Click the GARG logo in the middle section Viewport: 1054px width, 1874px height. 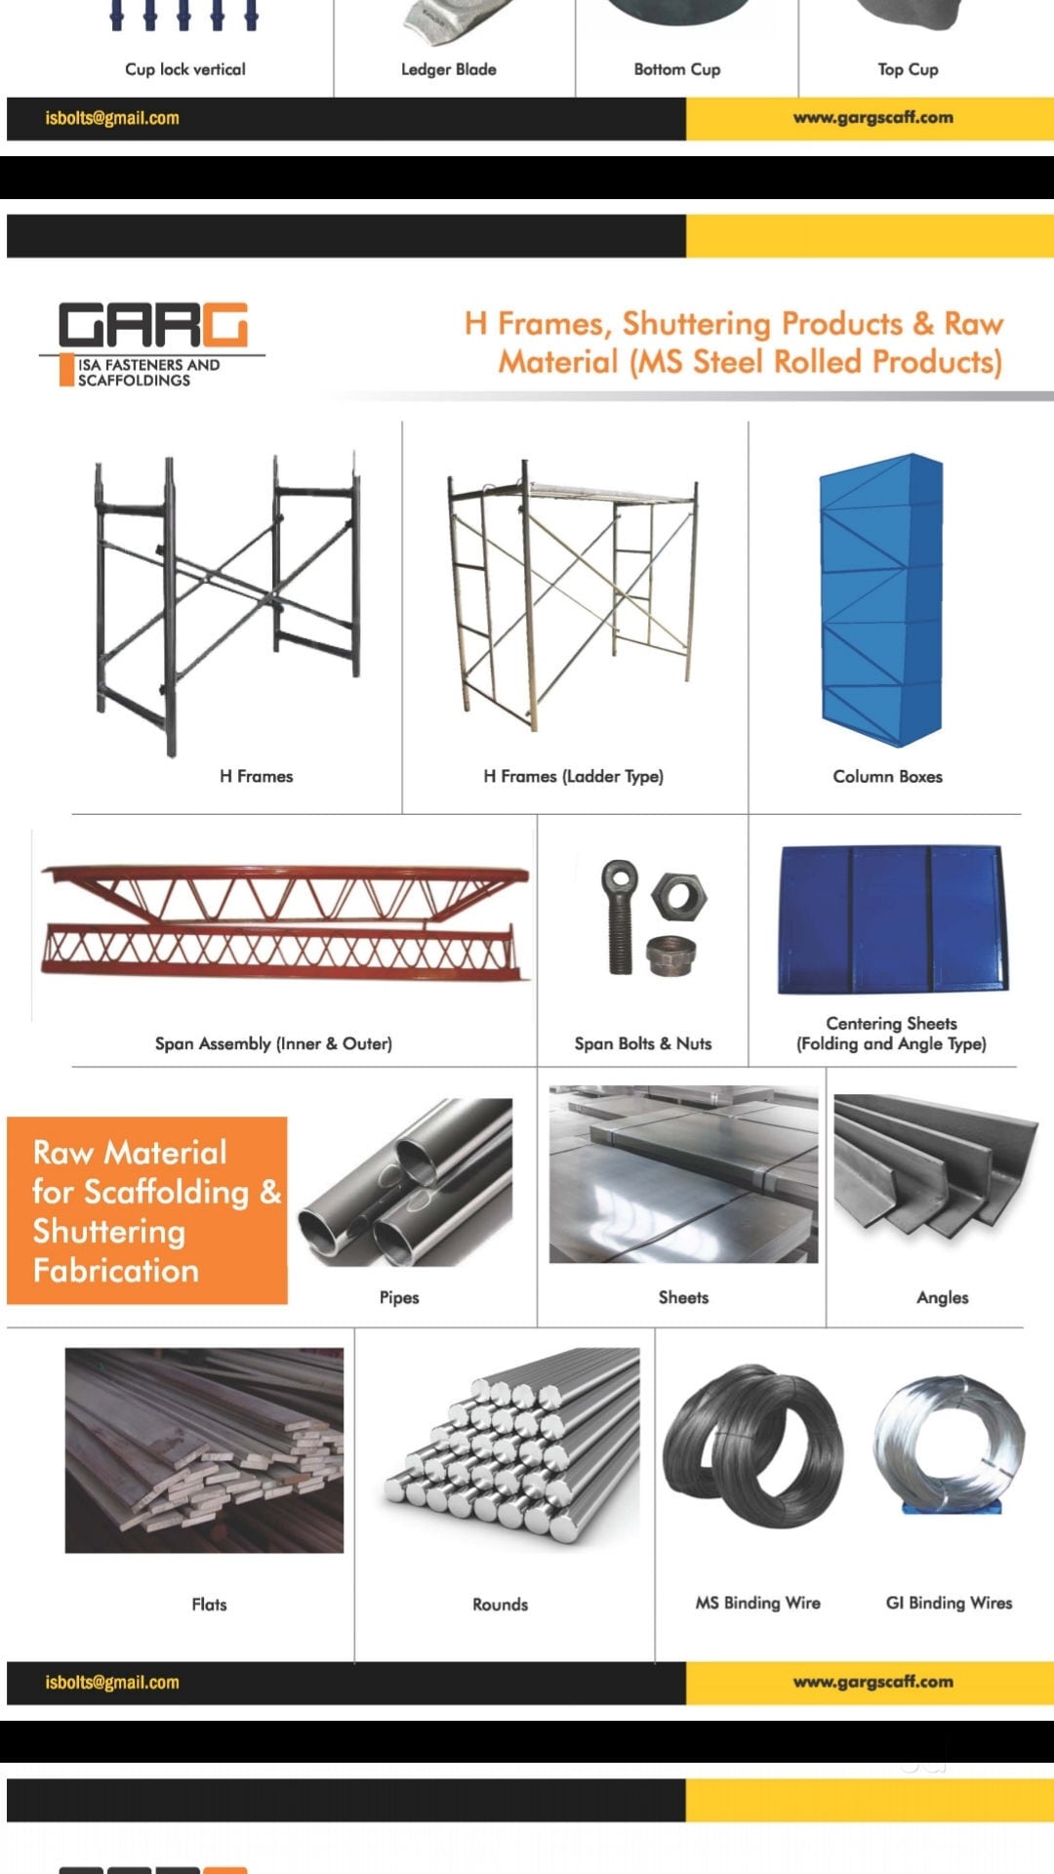(153, 343)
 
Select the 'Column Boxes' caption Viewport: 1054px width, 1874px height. (887, 776)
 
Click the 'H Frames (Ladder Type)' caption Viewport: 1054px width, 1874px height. (573, 776)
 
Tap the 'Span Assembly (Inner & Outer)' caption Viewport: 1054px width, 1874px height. (273, 1043)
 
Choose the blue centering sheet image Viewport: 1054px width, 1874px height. (891, 918)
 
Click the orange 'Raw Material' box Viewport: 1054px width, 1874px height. (147, 1210)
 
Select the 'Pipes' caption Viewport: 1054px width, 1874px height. (399, 1297)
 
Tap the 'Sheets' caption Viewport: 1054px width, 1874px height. (683, 1297)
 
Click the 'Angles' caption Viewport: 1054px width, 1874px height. (942, 1297)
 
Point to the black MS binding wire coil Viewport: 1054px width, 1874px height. (752, 1446)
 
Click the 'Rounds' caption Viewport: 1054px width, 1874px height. (500, 1604)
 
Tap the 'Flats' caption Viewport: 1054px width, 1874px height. (209, 1604)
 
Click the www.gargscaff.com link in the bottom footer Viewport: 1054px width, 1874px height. (872, 1682)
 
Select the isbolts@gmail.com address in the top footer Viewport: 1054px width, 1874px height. (112, 118)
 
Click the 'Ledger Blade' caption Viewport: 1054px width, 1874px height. (449, 69)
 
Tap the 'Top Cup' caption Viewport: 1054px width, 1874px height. (908, 69)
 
